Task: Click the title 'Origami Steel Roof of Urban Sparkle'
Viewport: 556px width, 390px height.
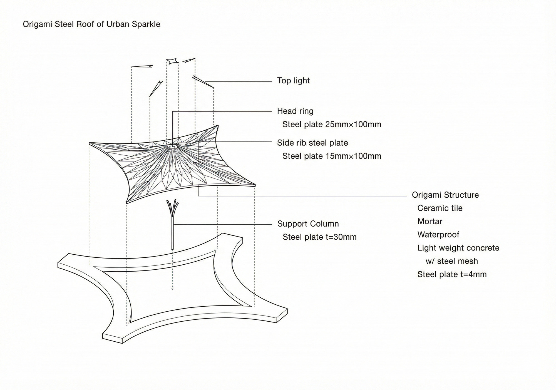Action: (x=91, y=24)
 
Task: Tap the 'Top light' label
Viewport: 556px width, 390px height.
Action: (x=293, y=81)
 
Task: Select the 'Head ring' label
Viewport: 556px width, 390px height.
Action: (x=295, y=111)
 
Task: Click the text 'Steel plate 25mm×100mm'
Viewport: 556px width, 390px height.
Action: (x=332, y=124)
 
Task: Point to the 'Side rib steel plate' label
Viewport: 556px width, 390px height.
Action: (x=312, y=143)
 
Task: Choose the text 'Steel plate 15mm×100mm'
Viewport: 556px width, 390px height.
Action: (x=332, y=156)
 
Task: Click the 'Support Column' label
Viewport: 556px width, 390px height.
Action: (x=308, y=224)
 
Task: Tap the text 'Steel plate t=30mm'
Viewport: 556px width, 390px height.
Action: (x=319, y=237)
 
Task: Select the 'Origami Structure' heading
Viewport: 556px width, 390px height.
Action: (x=445, y=195)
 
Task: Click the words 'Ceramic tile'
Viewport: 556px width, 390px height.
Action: (x=440, y=208)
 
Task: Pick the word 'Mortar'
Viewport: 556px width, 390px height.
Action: (x=430, y=222)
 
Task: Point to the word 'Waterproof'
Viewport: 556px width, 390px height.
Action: (x=438, y=235)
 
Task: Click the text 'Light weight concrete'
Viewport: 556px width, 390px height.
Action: (x=458, y=248)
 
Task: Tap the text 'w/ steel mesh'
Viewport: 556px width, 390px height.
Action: (x=452, y=261)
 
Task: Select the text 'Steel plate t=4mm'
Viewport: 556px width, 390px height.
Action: (x=452, y=275)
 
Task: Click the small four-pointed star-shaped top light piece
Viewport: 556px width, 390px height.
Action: (x=172, y=61)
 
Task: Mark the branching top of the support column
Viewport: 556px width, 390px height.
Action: (x=173, y=208)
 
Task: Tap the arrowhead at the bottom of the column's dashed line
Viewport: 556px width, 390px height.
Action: (x=172, y=289)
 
